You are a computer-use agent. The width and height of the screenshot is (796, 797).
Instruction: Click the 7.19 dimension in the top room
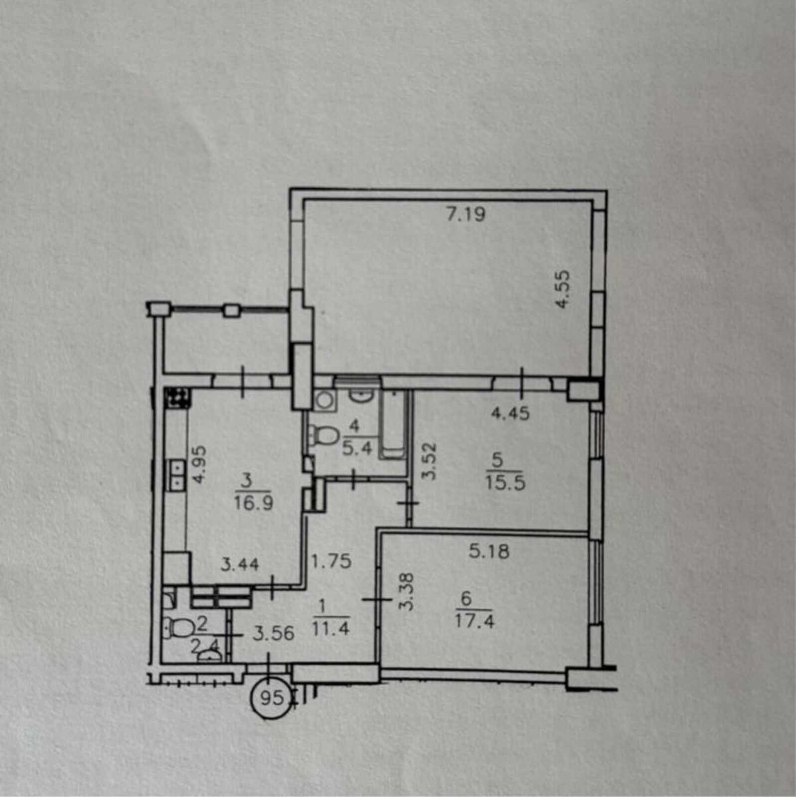click(466, 214)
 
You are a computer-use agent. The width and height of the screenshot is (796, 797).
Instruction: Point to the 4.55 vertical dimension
click(563, 289)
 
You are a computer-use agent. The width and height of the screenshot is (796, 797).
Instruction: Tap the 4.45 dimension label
click(510, 413)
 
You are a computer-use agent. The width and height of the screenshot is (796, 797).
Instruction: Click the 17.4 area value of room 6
click(475, 621)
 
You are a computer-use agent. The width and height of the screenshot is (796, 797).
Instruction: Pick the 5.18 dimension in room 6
click(489, 551)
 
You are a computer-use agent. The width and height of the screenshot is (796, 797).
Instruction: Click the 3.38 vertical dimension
click(407, 591)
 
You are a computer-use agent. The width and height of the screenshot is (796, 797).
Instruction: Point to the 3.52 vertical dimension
click(429, 461)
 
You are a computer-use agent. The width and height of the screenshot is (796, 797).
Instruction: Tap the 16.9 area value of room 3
click(254, 503)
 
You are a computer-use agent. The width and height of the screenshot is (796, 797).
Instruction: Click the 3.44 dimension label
click(240, 564)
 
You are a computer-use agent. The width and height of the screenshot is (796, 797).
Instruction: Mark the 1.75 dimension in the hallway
click(331, 561)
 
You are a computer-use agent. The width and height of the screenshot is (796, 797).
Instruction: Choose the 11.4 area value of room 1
click(330, 629)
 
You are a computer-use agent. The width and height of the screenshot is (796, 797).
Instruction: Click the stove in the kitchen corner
click(178, 398)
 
